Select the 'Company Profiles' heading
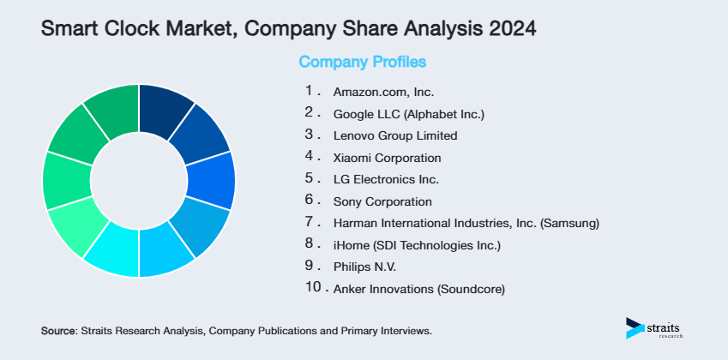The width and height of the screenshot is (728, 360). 362,63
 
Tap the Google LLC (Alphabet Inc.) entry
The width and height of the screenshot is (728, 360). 410,113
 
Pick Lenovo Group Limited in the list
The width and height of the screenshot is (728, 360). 395,135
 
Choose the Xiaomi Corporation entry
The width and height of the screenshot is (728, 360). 387,158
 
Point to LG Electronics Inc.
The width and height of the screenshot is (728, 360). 386,180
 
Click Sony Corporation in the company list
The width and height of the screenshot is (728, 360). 382,202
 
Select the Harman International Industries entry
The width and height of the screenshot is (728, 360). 466,224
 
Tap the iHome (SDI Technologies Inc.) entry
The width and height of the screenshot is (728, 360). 417,246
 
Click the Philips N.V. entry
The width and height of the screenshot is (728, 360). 364,267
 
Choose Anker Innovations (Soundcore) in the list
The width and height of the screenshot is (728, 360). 419,290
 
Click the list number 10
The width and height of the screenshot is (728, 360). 313,288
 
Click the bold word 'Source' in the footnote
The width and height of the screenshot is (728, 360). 58,330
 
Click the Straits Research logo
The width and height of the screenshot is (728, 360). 657,328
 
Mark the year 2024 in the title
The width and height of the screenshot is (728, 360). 508,29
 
